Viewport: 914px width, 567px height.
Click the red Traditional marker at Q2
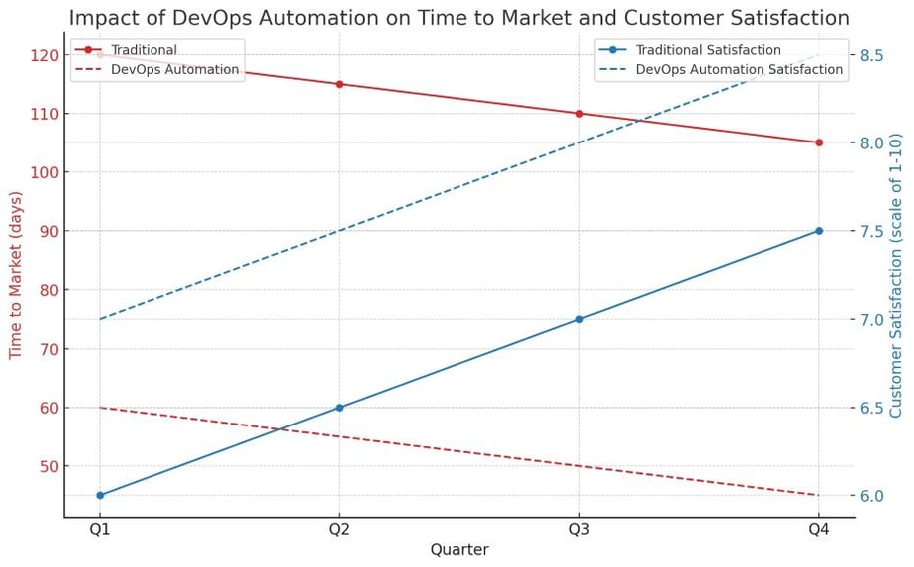[x=339, y=84]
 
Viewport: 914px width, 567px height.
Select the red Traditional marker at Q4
[x=819, y=142]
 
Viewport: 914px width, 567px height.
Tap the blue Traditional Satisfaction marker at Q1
[x=100, y=495]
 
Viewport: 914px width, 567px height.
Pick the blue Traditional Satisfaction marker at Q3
[x=579, y=319]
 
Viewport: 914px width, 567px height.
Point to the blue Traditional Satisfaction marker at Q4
[x=819, y=231]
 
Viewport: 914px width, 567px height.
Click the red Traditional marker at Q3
[x=579, y=113]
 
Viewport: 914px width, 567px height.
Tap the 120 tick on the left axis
[x=43, y=55]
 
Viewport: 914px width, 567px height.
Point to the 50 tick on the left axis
[x=47, y=466]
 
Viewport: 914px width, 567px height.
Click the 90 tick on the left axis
[x=47, y=231]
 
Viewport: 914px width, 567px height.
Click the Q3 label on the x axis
[x=579, y=530]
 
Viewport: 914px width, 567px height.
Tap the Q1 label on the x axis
[x=100, y=530]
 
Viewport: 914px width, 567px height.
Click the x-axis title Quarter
[x=458, y=550]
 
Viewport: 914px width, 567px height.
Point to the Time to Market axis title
[x=16, y=274]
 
